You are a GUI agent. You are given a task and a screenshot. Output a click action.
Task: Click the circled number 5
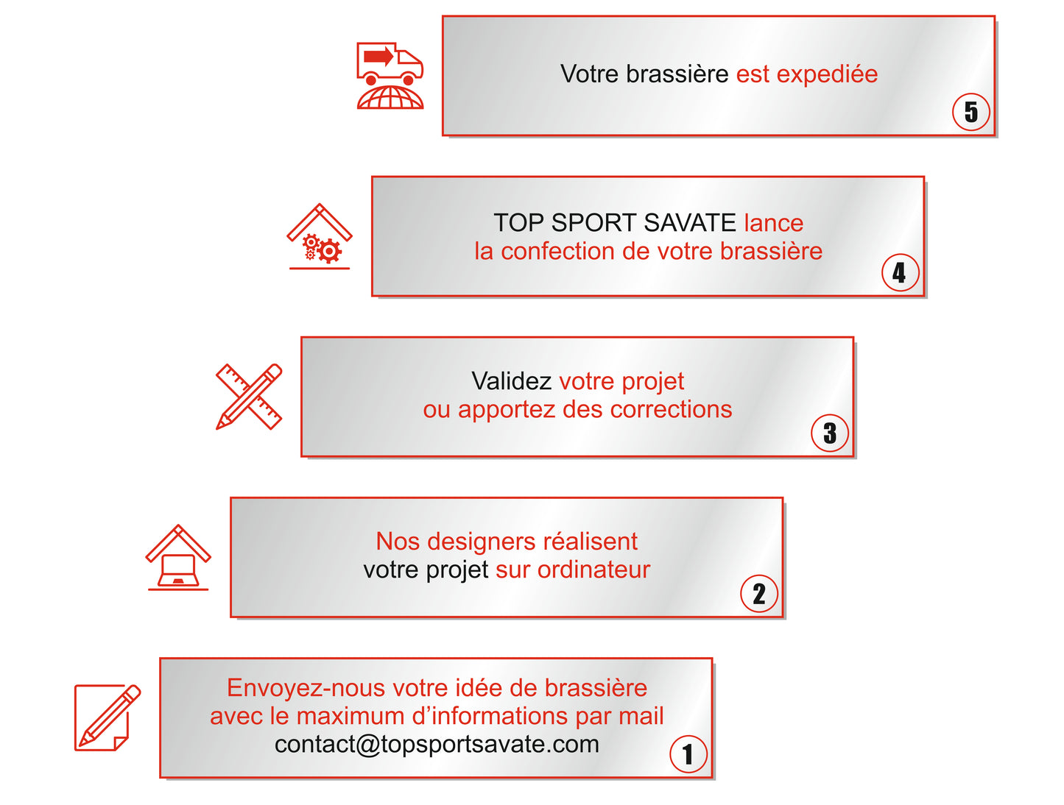click(x=971, y=112)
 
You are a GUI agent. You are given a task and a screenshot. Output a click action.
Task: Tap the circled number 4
click(x=900, y=273)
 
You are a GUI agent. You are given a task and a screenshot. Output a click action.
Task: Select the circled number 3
click(x=830, y=433)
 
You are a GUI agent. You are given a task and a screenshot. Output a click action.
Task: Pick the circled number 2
click(x=759, y=594)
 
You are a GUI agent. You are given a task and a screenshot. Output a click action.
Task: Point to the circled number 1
click(x=688, y=754)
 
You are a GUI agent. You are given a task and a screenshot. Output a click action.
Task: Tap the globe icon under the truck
click(x=390, y=98)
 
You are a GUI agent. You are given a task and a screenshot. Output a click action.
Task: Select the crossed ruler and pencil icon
click(x=249, y=397)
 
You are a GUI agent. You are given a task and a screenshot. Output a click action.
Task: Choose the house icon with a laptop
click(x=178, y=558)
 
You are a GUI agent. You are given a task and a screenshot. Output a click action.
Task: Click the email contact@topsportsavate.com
click(x=437, y=744)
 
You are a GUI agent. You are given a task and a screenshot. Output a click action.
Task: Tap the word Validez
click(x=511, y=381)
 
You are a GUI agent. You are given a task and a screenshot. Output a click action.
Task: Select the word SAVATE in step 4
click(x=689, y=222)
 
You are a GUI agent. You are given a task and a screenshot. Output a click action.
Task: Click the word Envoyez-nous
click(x=306, y=688)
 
